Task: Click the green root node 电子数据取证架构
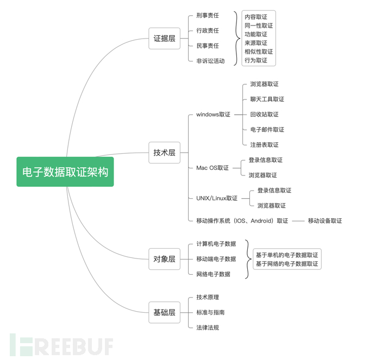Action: pos(65,172)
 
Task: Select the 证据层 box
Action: pos(164,39)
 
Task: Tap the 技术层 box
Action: pos(164,153)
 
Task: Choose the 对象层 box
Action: pos(164,260)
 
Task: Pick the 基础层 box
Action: pos(164,312)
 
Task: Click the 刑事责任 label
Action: pos(208,16)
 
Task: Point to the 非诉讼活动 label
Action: pos(210,61)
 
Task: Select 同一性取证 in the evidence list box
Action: pos(259,26)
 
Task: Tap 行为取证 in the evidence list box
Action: pos(256,60)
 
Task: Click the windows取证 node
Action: pos(213,115)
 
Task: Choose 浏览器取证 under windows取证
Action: pos(264,84)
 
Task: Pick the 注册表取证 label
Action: pos(264,145)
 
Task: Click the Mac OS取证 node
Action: pos(212,168)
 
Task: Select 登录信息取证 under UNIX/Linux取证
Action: pos(274,191)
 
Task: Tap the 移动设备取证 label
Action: pos(324,221)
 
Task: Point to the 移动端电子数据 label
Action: pos(216,259)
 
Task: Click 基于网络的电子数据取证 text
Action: pos(287,264)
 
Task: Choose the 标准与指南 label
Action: pos(210,312)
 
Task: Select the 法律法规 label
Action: pos(208,327)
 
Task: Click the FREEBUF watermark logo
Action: pos(61,345)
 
